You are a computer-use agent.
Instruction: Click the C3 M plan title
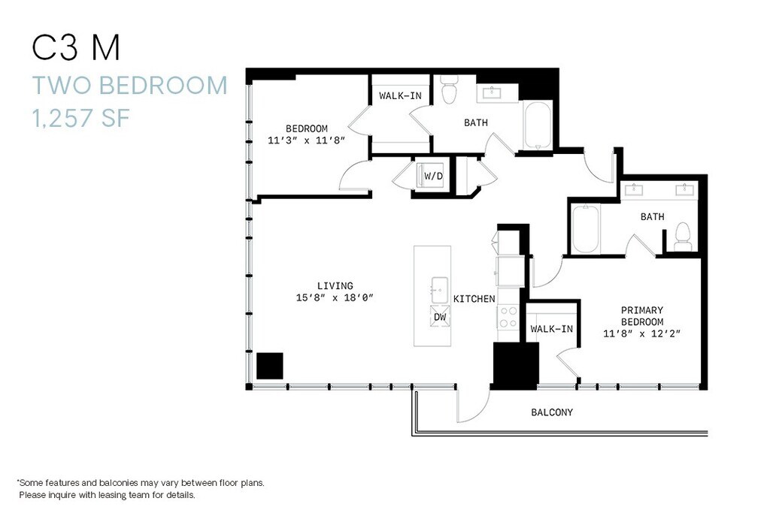[x=76, y=47]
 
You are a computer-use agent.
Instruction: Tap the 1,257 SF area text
[x=81, y=118]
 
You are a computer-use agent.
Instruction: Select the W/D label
[x=433, y=176]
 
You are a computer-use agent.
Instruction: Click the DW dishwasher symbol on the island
[x=440, y=317]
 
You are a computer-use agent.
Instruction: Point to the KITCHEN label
[x=474, y=299]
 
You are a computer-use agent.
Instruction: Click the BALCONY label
[x=552, y=412]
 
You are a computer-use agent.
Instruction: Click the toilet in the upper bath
[x=448, y=89]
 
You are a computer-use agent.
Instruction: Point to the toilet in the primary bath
[x=683, y=237]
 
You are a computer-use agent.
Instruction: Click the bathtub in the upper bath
[x=538, y=125]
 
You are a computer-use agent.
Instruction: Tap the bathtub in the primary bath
[x=585, y=229]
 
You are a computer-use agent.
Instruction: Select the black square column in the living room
[x=270, y=366]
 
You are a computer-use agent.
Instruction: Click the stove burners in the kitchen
[x=508, y=317]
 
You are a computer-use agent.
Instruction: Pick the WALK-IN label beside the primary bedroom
[x=551, y=329]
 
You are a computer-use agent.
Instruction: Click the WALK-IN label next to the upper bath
[x=400, y=96]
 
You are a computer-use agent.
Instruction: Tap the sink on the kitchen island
[x=439, y=290]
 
